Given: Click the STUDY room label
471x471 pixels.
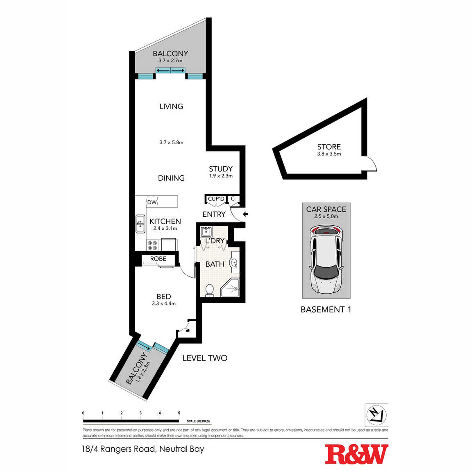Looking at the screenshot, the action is pos(221,169).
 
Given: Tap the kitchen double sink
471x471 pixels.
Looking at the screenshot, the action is pos(140,224).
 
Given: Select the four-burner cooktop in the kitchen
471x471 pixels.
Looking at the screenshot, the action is pos(152,245).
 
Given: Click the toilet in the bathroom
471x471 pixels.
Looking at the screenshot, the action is pos(209,290).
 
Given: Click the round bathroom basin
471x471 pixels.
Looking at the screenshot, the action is pos(234,263).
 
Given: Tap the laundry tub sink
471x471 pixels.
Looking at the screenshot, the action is pos(206,232).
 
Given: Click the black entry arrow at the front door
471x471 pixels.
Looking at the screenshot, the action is pos(245,214).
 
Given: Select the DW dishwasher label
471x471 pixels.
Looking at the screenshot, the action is pos(152,202).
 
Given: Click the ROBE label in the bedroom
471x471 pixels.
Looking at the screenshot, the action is pos(159,258).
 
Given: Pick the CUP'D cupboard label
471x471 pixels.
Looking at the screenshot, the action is pos(216,199).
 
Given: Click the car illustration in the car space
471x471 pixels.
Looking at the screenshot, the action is pos(326,260).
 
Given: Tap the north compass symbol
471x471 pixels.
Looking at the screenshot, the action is pos(376,415).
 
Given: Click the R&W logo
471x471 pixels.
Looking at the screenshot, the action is pos(356,454).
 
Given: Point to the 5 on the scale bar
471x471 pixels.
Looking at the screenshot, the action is pos(179,413).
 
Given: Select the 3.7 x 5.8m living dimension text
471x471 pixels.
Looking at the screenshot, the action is pos(171,143).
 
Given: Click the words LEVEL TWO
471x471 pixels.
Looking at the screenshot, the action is pos(205,358).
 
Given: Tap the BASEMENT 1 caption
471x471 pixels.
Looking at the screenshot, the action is pos(326,309).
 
